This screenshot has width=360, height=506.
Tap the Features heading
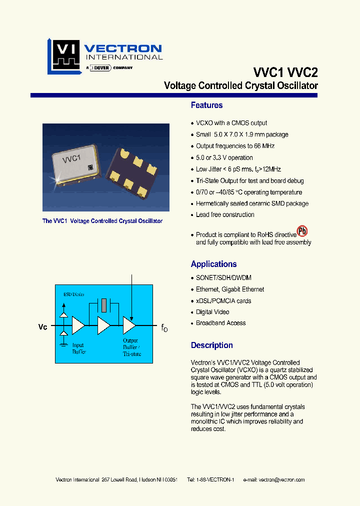206,105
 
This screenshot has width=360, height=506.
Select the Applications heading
213,264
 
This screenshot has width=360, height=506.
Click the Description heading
211,345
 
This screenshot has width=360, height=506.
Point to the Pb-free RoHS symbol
302,231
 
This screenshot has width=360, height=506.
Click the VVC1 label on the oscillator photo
71,159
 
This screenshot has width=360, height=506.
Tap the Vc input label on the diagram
43,327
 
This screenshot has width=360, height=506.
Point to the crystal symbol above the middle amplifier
103,304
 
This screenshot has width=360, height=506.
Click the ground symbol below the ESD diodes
63,344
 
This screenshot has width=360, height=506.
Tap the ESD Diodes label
73,294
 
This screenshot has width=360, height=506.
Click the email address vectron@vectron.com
281,479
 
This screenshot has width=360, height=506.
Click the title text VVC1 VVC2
285,72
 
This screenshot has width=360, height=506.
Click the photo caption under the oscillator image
102,220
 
